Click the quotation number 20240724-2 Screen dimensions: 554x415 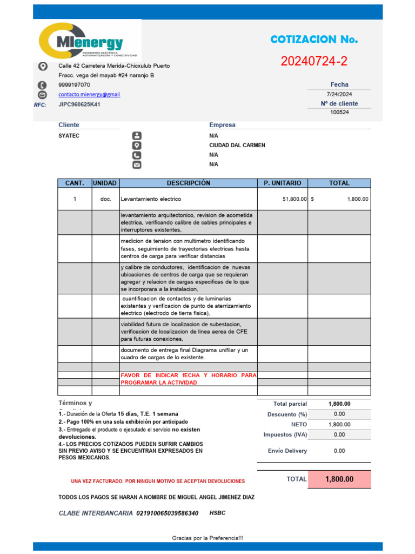(x=314, y=62)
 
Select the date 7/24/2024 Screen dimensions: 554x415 (x=339, y=94)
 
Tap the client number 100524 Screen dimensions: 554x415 (x=339, y=113)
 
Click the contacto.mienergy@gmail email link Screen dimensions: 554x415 (x=89, y=94)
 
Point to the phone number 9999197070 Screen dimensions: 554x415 (x=74, y=85)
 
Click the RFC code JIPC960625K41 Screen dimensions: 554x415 (x=79, y=104)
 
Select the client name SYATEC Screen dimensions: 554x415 (x=69, y=136)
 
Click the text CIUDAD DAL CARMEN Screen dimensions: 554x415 (x=237, y=146)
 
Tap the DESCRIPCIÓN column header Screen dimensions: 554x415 (x=188, y=183)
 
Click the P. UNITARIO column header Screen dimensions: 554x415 (x=282, y=183)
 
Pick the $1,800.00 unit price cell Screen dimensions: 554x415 (x=294, y=199)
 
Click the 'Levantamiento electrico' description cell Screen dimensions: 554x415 (x=151, y=199)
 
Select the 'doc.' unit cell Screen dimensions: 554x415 (x=105, y=199)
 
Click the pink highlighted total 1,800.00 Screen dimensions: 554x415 (x=340, y=479)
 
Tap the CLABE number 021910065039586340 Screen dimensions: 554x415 (x=167, y=513)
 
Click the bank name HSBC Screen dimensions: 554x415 (x=217, y=512)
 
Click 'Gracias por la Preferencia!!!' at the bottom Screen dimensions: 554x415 (x=207, y=538)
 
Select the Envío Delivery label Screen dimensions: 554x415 (x=287, y=451)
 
